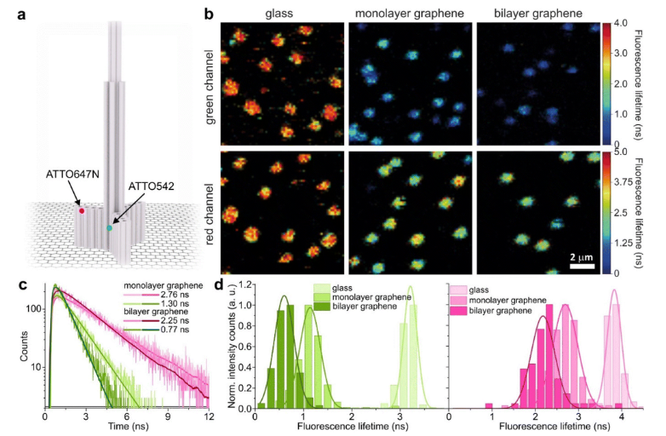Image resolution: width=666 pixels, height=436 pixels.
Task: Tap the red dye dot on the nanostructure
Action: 82,209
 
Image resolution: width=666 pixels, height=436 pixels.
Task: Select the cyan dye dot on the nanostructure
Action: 109,227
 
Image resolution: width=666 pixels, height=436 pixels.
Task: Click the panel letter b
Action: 209,11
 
